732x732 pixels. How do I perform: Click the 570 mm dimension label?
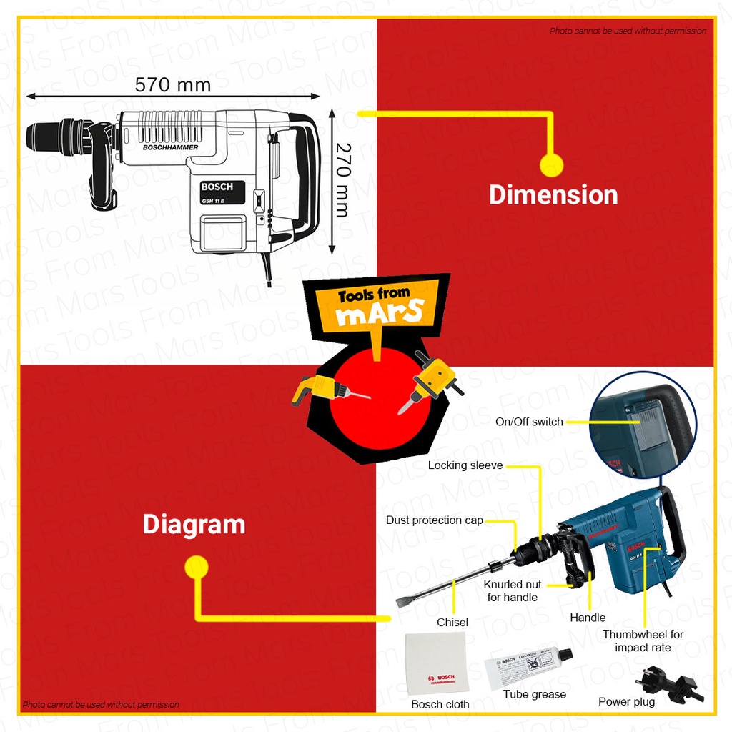173,85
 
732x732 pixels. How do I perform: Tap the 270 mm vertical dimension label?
343,180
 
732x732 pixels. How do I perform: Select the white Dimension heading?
553,194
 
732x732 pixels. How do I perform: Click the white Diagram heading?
194,524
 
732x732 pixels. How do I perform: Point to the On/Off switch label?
529,422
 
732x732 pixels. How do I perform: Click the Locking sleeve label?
465,465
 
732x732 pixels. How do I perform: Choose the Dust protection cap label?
435,520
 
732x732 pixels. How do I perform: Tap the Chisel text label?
452,623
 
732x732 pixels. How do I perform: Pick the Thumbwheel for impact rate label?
643,640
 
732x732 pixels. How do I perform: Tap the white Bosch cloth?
436,664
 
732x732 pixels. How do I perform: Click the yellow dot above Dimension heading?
551,165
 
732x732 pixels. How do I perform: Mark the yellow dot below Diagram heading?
196,568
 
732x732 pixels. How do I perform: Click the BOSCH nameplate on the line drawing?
222,192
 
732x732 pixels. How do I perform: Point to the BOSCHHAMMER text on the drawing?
170,147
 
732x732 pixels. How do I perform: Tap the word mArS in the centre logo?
380,313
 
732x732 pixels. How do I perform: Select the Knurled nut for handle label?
513,590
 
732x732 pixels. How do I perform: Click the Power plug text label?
626,702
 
